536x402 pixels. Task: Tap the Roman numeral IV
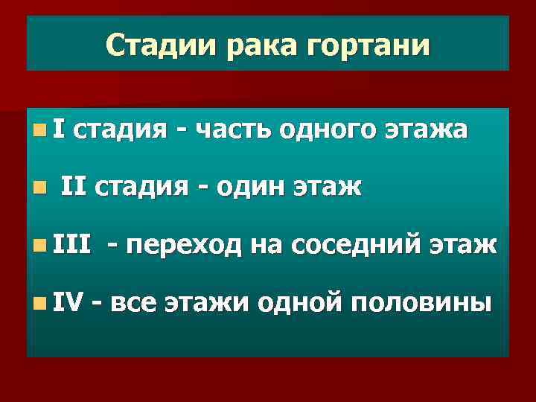(x=68, y=301)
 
